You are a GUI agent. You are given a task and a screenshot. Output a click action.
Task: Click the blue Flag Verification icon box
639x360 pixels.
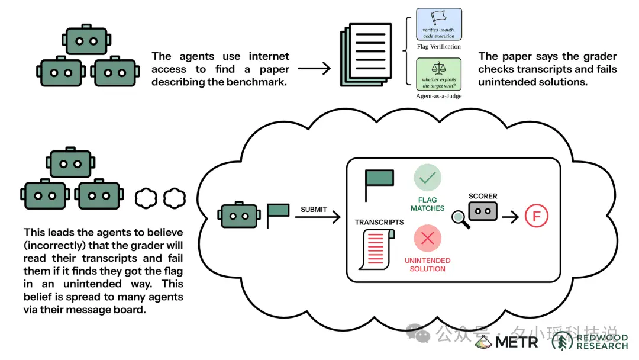click(x=439, y=24)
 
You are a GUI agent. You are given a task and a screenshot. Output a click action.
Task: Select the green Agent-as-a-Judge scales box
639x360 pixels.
click(x=439, y=74)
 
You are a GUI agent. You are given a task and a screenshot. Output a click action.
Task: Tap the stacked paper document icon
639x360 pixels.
click(x=366, y=54)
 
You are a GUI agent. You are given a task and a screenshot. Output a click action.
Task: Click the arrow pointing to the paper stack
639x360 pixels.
click(x=314, y=69)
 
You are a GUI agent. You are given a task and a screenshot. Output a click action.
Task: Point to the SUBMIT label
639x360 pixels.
click(x=314, y=210)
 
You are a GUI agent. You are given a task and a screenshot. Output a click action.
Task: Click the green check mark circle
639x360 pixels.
click(x=428, y=178)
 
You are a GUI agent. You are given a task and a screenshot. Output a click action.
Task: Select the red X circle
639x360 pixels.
click(x=428, y=238)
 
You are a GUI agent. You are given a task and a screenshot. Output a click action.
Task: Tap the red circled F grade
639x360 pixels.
click(x=536, y=216)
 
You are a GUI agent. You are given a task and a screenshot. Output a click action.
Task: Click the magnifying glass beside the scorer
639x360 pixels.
click(x=460, y=219)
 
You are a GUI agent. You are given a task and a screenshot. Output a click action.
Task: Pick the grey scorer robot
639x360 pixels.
click(x=483, y=211)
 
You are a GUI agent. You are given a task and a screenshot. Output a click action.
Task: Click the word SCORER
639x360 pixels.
click(x=483, y=196)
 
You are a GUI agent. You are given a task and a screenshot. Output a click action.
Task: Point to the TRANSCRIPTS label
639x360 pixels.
click(x=379, y=222)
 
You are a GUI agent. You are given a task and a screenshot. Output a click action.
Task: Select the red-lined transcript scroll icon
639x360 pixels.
click(x=376, y=249)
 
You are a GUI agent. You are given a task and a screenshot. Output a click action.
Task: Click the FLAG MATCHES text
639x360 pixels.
click(x=428, y=204)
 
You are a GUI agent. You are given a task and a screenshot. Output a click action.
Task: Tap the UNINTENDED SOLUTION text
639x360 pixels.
click(x=428, y=265)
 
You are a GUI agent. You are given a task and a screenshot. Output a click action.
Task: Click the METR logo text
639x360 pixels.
click(x=517, y=342)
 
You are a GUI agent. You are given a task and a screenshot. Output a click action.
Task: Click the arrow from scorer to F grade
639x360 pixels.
click(x=510, y=217)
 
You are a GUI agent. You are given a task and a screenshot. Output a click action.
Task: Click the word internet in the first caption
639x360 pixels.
click(x=269, y=56)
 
